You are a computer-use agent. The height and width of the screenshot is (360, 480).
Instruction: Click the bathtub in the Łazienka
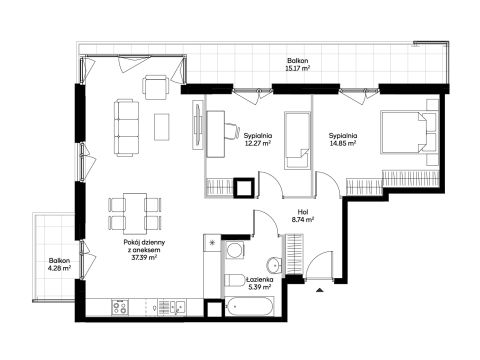[250, 306]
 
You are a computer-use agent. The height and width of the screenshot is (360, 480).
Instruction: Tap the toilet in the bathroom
[235, 280]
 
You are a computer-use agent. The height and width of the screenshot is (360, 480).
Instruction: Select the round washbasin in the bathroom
[274, 265]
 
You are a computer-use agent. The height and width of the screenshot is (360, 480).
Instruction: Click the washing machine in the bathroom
[234, 249]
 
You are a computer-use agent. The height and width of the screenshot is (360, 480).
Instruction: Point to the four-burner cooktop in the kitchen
[120, 307]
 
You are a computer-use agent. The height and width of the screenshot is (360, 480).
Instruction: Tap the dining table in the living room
[135, 213]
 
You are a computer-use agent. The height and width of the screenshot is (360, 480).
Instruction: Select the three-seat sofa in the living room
[126, 128]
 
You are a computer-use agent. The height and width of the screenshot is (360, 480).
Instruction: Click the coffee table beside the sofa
[161, 127]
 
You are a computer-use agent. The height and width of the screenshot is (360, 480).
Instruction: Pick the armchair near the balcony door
[155, 87]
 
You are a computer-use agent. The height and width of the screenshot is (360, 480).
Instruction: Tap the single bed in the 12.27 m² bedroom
[297, 140]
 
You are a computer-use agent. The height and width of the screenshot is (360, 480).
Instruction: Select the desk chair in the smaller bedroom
[232, 131]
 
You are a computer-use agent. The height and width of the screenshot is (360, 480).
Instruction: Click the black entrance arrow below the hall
[320, 290]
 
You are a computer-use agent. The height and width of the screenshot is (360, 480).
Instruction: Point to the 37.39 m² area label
[144, 258]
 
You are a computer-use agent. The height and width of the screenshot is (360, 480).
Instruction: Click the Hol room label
[303, 212]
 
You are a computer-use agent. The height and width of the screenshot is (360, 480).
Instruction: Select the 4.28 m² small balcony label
[60, 268]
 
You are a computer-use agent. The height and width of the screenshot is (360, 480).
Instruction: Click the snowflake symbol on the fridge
[212, 243]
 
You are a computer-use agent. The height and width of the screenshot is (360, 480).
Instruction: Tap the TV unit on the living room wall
[197, 125]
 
